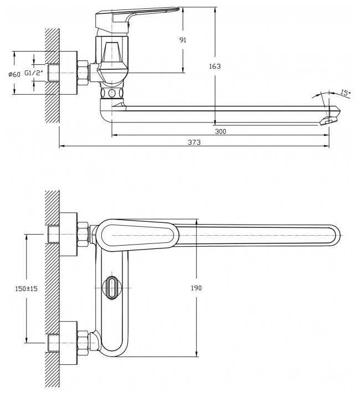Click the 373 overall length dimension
pos(194,142)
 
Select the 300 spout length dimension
pos(221,131)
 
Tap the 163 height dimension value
pos(215,66)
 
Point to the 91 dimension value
pos(183,40)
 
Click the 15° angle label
pos(345,93)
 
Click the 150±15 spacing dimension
pos(18,288)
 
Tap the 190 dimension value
pos(196,288)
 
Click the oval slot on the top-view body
pos(112,287)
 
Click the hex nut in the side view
pos(83,73)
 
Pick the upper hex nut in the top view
pos(83,233)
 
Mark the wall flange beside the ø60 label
pos(68,73)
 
